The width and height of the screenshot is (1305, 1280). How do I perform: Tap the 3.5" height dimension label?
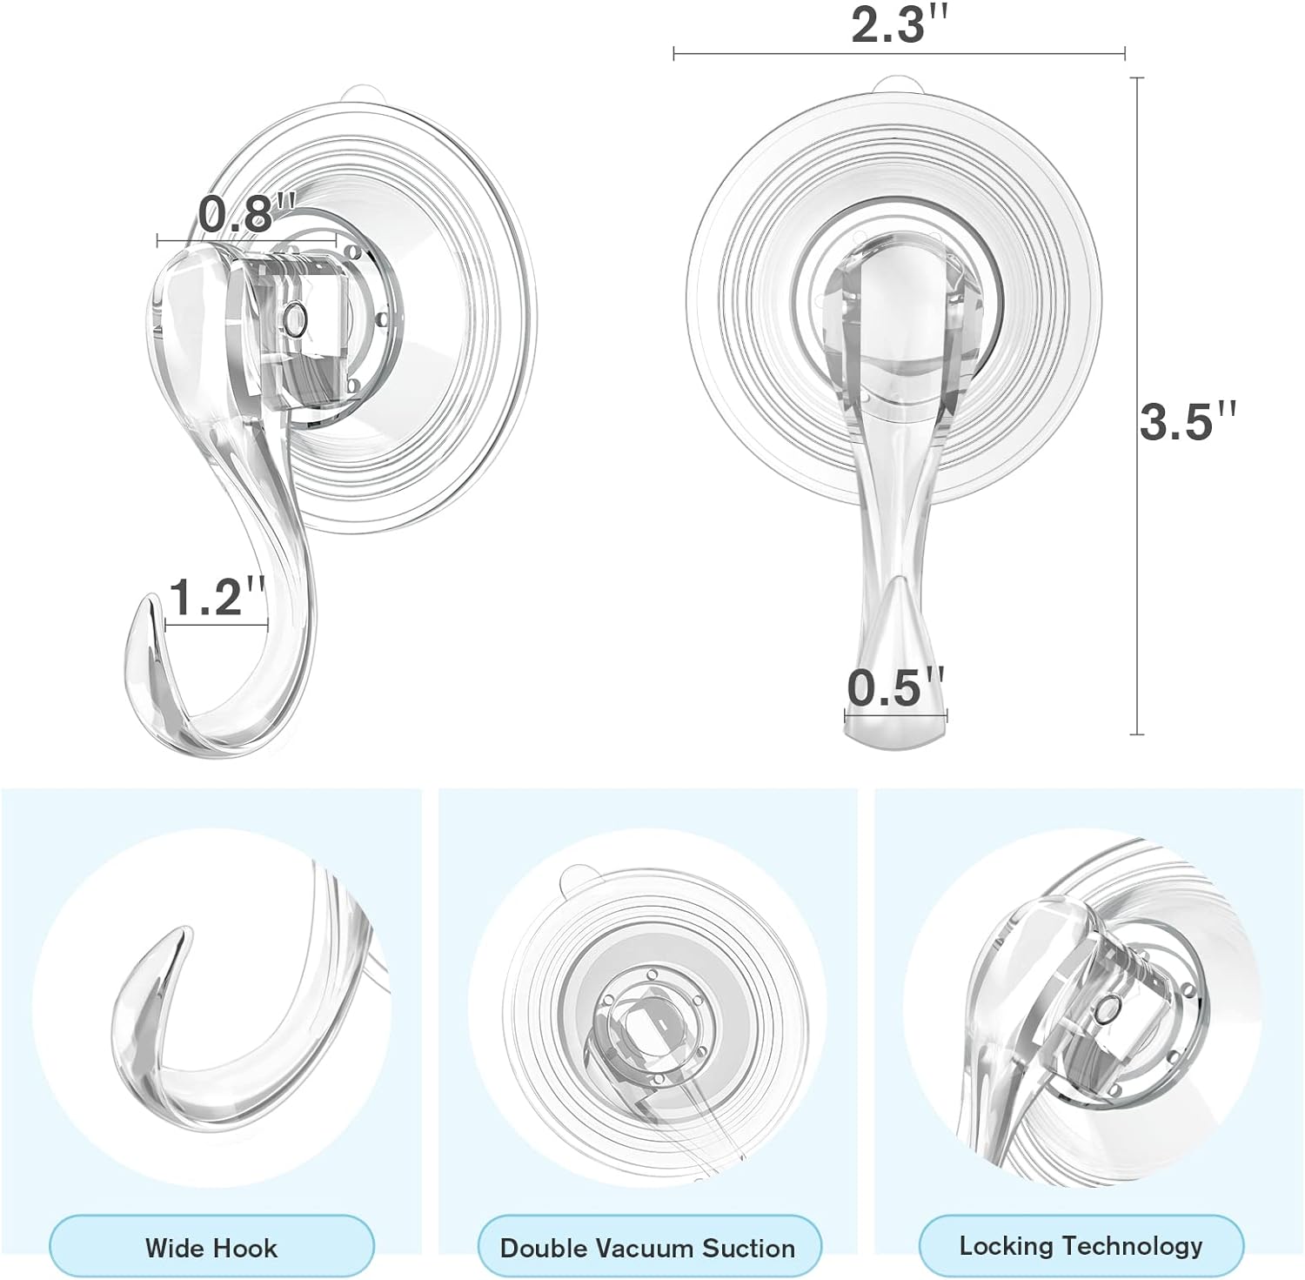pyautogui.click(x=1188, y=420)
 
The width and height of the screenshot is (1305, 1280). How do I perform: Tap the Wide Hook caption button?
pyautogui.click(x=211, y=1248)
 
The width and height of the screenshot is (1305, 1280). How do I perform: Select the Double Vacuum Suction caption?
pyautogui.click(x=647, y=1248)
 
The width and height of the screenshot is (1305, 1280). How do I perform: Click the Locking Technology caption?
pyautogui.click(x=1081, y=1246)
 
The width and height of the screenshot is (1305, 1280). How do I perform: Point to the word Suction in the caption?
pyautogui.click(x=749, y=1248)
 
